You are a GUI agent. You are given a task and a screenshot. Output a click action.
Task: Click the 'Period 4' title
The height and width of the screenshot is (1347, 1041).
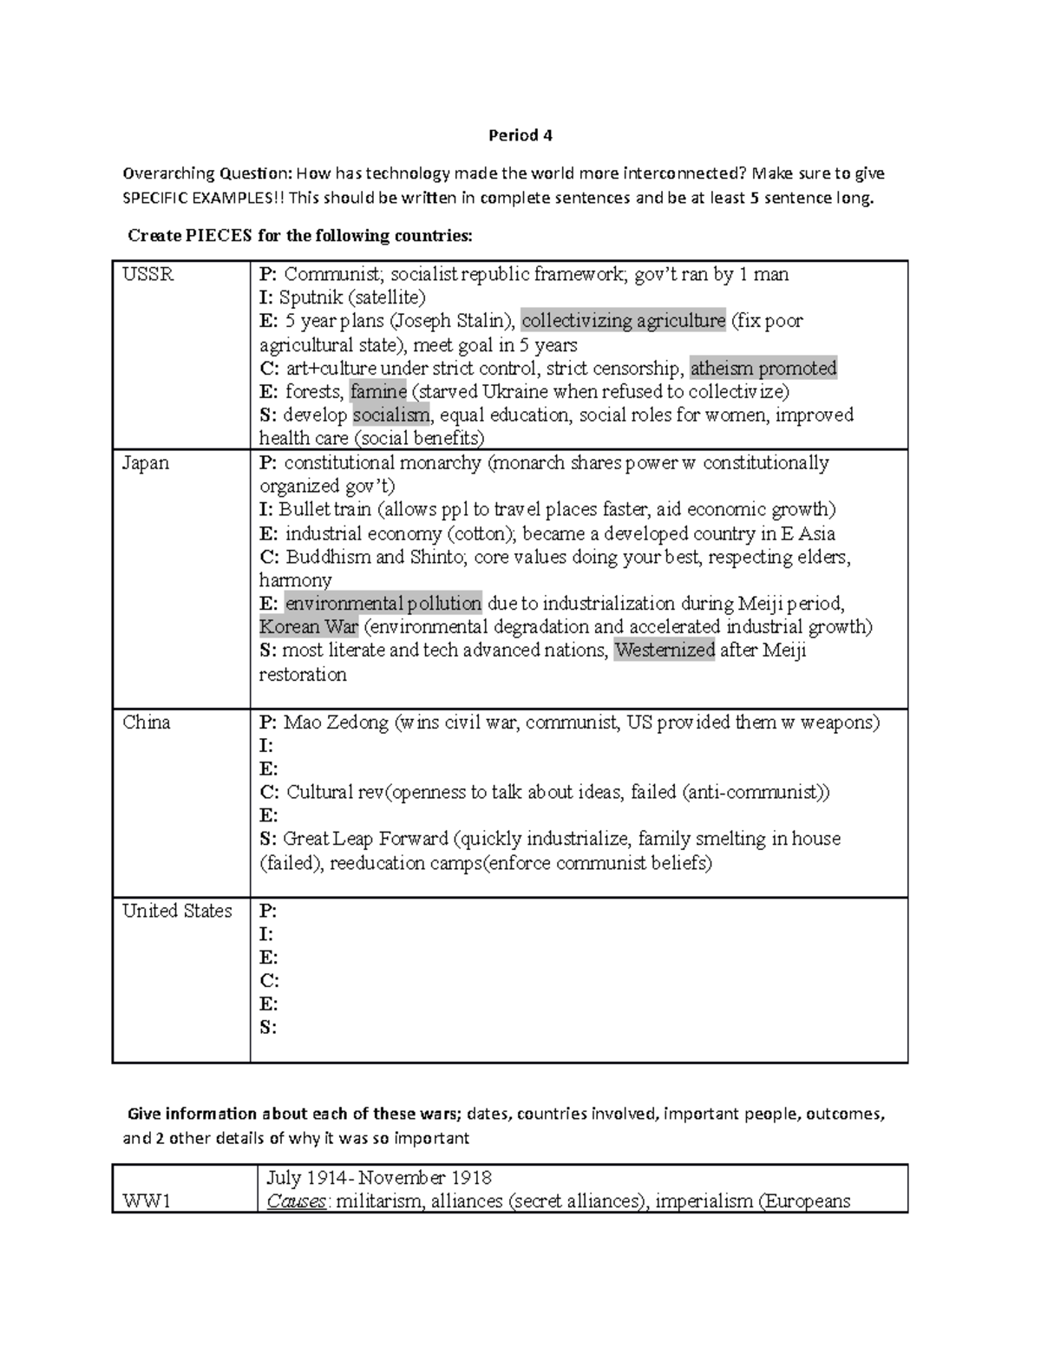(520, 135)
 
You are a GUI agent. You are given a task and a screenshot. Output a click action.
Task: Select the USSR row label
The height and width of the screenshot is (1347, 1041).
(147, 275)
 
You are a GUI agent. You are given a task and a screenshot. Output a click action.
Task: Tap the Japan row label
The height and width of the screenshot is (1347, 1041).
(145, 463)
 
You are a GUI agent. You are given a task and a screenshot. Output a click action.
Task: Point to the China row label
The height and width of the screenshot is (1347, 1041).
(146, 723)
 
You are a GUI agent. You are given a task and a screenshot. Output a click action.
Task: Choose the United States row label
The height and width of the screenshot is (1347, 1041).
(177, 911)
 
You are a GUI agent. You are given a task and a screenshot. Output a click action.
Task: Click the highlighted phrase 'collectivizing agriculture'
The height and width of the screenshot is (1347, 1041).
(623, 321)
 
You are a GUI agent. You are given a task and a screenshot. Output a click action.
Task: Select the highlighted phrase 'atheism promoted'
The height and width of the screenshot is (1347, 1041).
(763, 368)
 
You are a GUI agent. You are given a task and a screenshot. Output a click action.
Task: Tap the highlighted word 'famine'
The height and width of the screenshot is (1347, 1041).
(378, 391)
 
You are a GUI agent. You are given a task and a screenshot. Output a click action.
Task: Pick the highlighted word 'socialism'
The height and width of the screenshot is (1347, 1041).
(390, 415)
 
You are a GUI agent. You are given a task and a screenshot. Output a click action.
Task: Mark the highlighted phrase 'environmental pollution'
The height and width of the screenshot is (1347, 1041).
(383, 604)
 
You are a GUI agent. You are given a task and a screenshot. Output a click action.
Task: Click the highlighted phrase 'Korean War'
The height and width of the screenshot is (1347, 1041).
(309, 627)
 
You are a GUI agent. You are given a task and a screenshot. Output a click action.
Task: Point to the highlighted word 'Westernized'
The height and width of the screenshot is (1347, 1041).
(665, 651)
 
